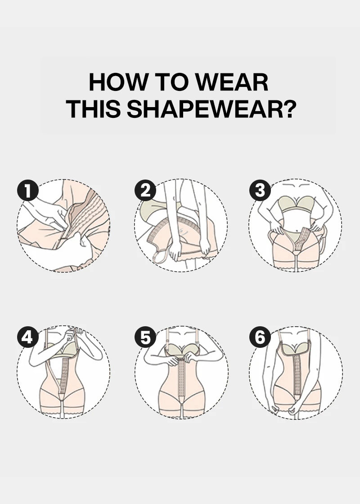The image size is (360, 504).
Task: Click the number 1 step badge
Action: (x=28, y=191)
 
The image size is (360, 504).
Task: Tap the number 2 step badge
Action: (x=145, y=191)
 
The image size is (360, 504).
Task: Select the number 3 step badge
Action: (x=260, y=191)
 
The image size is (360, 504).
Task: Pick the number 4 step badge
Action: (x=28, y=337)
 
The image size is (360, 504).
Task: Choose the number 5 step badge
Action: (x=145, y=337)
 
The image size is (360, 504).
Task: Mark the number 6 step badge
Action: (x=260, y=337)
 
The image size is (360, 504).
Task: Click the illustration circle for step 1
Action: (x=63, y=225)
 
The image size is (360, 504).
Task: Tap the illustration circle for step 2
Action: (x=180, y=225)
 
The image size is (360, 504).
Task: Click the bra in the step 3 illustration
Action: (x=295, y=203)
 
